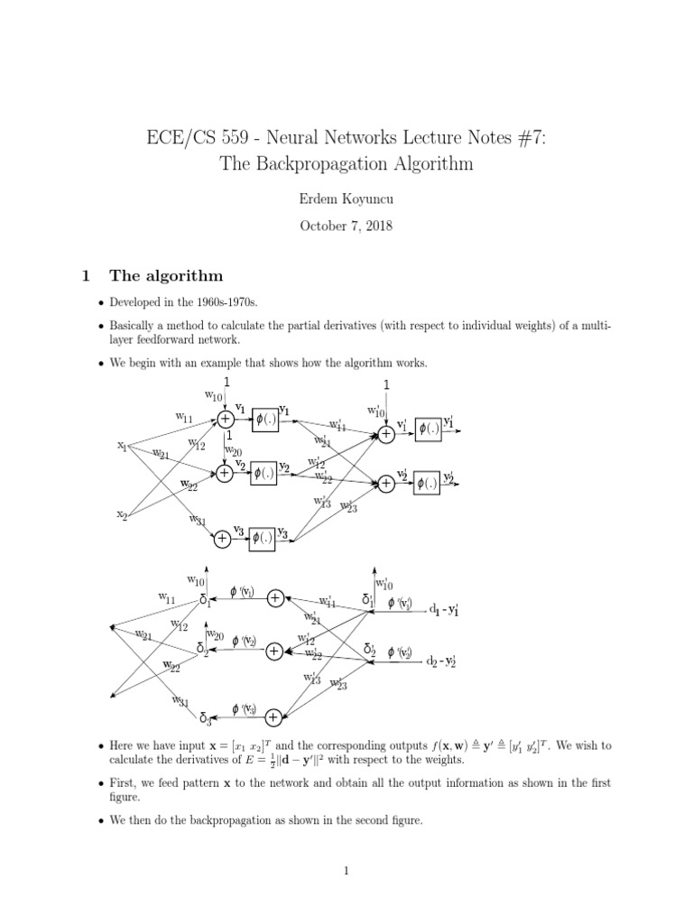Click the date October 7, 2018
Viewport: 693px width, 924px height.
coord(346,226)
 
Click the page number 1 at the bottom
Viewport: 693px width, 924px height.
coord(346,871)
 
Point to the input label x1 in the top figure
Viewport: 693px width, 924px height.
coord(121,445)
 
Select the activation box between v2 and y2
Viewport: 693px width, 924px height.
coord(264,472)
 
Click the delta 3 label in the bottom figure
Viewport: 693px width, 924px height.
coord(205,719)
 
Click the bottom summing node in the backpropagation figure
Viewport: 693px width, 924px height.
coord(275,716)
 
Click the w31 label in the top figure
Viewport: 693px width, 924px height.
coord(198,520)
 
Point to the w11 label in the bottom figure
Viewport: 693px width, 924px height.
coord(167,597)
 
